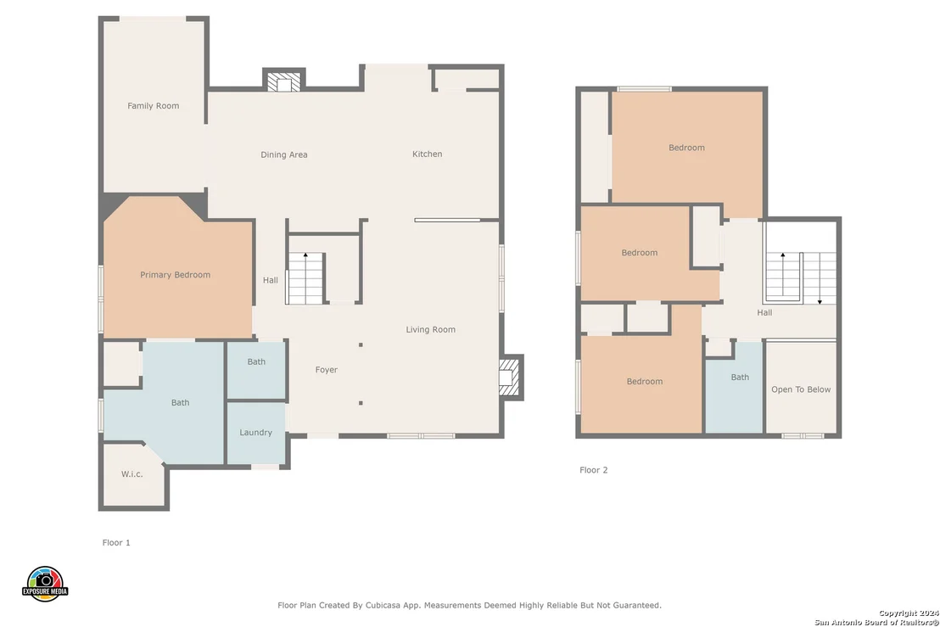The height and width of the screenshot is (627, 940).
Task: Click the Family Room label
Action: click(153, 106)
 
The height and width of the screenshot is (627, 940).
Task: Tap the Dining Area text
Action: click(283, 154)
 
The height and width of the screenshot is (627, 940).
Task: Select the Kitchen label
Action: click(427, 154)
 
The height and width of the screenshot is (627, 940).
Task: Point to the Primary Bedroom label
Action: click(175, 275)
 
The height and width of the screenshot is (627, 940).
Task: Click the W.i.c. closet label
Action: click(131, 474)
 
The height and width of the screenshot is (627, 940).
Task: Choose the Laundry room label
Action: click(255, 433)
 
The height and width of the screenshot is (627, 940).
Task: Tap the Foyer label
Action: click(326, 370)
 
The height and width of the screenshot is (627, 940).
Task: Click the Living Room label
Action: click(430, 330)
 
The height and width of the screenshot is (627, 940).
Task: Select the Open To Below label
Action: click(801, 389)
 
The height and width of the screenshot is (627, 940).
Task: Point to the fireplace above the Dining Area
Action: click(284, 81)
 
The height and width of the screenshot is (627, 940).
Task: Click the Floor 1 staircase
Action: click(305, 278)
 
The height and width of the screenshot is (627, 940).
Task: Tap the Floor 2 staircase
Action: click(801, 277)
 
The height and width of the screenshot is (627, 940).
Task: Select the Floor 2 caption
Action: click(594, 470)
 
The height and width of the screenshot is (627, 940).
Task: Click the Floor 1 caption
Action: click(116, 542)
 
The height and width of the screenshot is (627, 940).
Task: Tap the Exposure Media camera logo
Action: click(45, 584)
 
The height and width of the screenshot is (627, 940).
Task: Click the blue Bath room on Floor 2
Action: click(735, 387)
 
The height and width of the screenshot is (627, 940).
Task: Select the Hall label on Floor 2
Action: click(764, 313)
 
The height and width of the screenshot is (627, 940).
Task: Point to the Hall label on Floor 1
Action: click(271, 281)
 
